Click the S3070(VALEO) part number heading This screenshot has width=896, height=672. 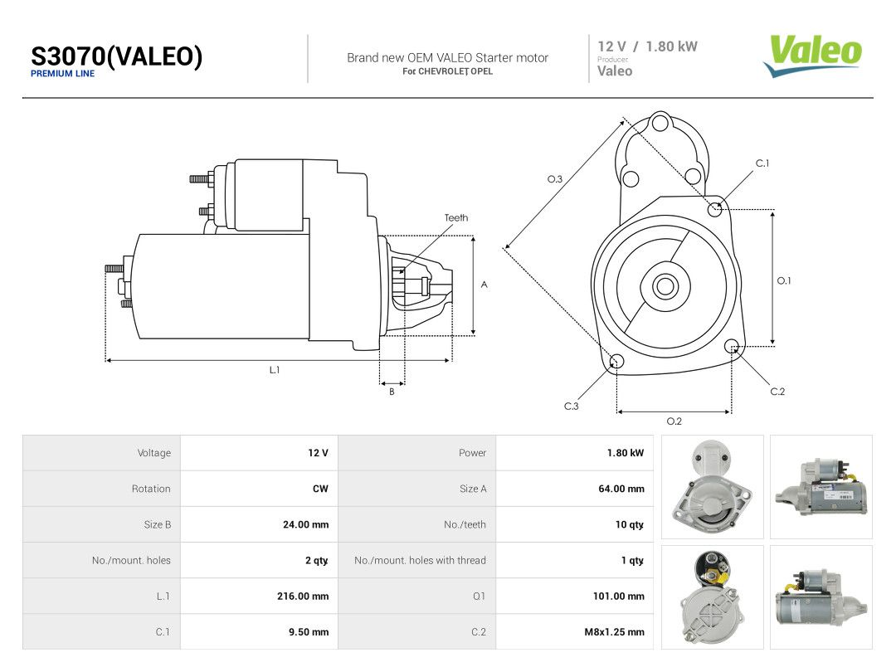coord(117,56)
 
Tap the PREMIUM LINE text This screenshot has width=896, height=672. coord(62,74)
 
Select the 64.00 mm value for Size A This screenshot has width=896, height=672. coord(621,489)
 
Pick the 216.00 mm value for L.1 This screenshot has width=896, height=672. coord(303,597)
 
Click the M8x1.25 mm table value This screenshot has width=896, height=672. coord(614,632)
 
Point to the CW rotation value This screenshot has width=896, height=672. coord(320,489)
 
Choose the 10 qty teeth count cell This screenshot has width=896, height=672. coord(629,524)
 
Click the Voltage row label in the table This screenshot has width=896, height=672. coord(154,453)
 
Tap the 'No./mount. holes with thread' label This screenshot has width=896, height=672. coord(420,561)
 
